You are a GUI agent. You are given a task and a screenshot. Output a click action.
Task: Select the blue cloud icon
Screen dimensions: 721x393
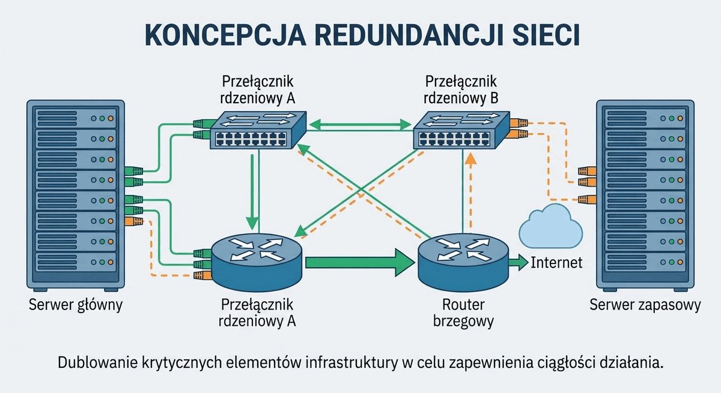pos(551,226)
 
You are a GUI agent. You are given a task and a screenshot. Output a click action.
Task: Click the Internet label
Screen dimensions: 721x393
pos(556,263)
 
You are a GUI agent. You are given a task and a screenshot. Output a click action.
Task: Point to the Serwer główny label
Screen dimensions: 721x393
pos(76,305)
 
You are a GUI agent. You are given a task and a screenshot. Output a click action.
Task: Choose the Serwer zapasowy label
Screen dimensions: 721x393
pos(645,305)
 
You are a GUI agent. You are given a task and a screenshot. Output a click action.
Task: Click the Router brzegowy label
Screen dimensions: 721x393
pos(463,313)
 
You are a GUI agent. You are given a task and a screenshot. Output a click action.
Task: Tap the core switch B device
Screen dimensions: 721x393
pos(461,130)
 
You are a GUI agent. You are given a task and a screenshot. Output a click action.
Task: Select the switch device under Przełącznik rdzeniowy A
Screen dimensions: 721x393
pos(258,130)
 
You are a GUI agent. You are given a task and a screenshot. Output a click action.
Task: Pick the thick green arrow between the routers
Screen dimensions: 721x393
pos(360,262)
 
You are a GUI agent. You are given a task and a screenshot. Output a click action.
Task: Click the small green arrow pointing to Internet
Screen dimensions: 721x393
pos(519,263)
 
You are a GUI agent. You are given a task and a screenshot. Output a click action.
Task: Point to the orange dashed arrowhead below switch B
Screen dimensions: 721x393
pos(471,159)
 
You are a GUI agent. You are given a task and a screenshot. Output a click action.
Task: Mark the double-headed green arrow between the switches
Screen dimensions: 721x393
pos(360,124)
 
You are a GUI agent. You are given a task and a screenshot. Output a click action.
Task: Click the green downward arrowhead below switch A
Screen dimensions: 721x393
pos(252,223)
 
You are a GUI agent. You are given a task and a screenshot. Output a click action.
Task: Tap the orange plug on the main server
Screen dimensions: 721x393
pos(133,221)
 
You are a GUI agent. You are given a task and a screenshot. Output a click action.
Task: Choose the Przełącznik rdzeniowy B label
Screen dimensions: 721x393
pos(461,89)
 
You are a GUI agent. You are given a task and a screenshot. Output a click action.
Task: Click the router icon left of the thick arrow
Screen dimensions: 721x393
pos(257,262)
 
